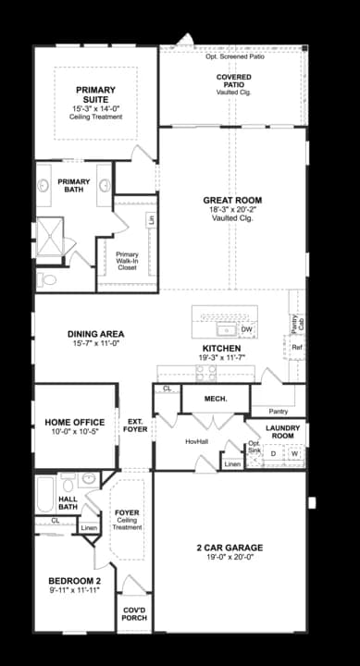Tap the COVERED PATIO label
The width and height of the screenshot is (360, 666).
tap(233, 80)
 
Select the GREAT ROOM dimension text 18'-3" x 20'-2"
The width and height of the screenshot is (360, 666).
tap(232, 210)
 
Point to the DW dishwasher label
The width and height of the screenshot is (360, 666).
tap(246, 329)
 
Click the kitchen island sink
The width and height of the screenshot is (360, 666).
tap(224, 329)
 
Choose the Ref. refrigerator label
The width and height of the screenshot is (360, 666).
tap(297, 348)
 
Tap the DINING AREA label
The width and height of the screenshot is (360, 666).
tap(95, 334)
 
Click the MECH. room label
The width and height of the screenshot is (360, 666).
tap(215, 399)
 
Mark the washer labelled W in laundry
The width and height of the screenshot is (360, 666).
tap(294, 454)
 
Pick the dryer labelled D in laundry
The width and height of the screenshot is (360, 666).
tap(273, 454)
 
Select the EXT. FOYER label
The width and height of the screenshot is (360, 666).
tap(137, 425)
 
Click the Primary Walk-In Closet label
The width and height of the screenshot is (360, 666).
tap(127, 261)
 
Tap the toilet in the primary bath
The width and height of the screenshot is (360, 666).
tap(46, 277)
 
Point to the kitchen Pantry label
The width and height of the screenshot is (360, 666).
tap(278, 411)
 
